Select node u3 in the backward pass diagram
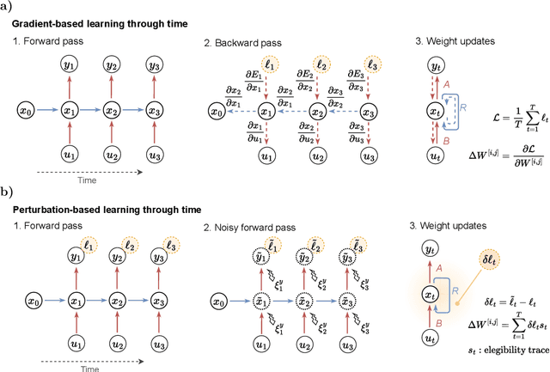coord(370,157)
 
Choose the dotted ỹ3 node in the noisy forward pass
coord(370,259)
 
